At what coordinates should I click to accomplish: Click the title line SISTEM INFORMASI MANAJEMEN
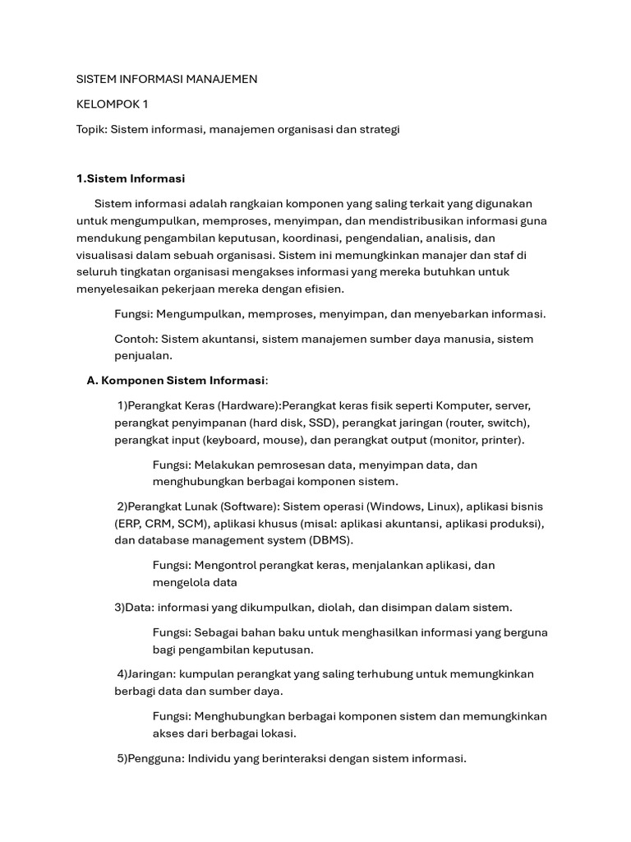click(167, 79)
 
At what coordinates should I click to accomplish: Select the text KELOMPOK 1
click(113, 104)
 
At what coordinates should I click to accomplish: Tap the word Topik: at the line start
click(92, 130)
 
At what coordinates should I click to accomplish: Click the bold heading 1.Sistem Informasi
click(131, 178)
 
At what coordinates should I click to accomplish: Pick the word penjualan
click(143, 355)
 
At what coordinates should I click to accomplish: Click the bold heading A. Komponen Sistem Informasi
click(177, 380)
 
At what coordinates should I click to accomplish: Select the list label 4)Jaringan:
click(149, 674)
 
